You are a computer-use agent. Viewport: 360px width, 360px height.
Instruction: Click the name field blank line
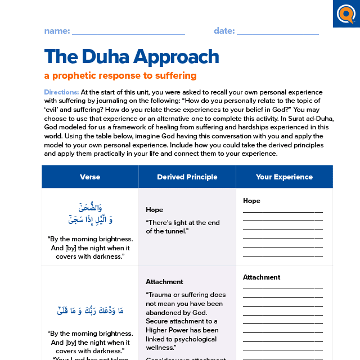128,34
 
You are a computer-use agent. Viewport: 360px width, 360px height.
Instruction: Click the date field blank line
278,34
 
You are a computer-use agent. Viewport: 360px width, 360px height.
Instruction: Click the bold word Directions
61,92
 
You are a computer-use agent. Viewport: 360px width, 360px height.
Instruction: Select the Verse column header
90,177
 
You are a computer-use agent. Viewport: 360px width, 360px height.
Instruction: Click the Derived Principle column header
187,177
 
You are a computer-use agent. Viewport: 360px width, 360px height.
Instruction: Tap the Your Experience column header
284,177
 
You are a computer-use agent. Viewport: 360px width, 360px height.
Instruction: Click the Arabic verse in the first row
90,214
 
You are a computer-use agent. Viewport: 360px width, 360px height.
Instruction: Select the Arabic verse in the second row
90,310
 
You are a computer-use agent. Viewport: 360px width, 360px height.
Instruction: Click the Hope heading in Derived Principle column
155,210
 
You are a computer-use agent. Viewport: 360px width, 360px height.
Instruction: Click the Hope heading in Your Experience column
251,201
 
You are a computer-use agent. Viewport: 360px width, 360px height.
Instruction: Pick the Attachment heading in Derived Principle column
164,282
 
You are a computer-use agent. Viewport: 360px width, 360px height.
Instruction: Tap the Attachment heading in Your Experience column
261,277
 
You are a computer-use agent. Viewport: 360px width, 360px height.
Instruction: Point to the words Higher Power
169,330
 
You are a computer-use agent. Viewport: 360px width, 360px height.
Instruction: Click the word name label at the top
57,31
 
